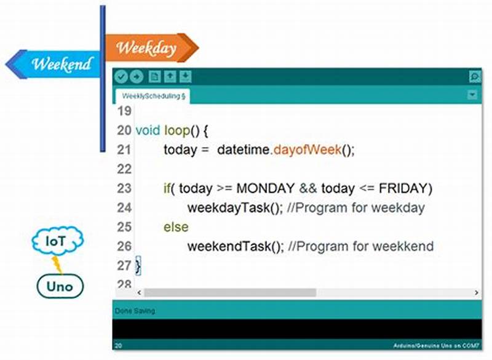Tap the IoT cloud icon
coord(56,241)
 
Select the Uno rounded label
coord(59,286)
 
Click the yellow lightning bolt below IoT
coord(57,264)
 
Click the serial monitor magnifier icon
coord(474,77)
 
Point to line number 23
coord(124,188)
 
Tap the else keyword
coord(176,227)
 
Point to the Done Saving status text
coord(135,311)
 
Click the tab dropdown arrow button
coord(472,95)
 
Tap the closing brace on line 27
coord(138,266)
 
